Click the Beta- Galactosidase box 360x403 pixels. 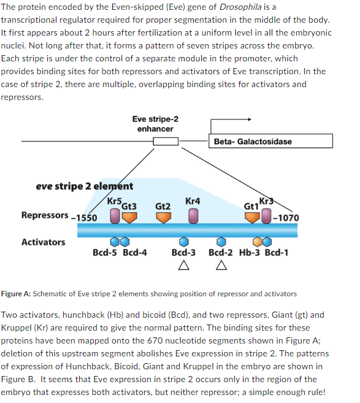(x=270, y=141)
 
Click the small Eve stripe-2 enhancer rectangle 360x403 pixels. (x=165, y=142)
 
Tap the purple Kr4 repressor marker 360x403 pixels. (x=193, y=215)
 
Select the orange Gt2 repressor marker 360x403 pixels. (x=163, y=216)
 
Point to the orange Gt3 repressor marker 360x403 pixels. (x=129, y=216)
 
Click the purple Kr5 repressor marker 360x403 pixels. (x=114, y=215)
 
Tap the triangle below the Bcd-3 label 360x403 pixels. (x=183, y=266)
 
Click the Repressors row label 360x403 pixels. (x=45, y=215)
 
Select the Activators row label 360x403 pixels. (x=43, y=242)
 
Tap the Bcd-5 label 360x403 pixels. (x=105, y=253)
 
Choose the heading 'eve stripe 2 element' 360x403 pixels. (x=84, y=186)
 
